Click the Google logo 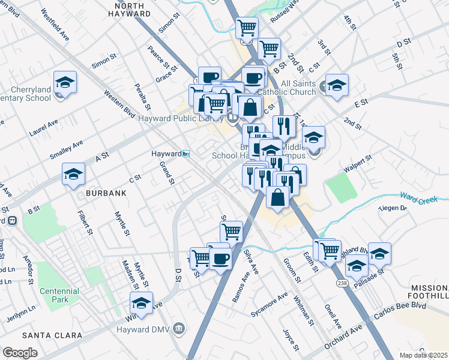[x=20, y=353]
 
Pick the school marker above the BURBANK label [x=74, y=174]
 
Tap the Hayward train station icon [x=186, y=154]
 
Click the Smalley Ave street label [x=65, y=148]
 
